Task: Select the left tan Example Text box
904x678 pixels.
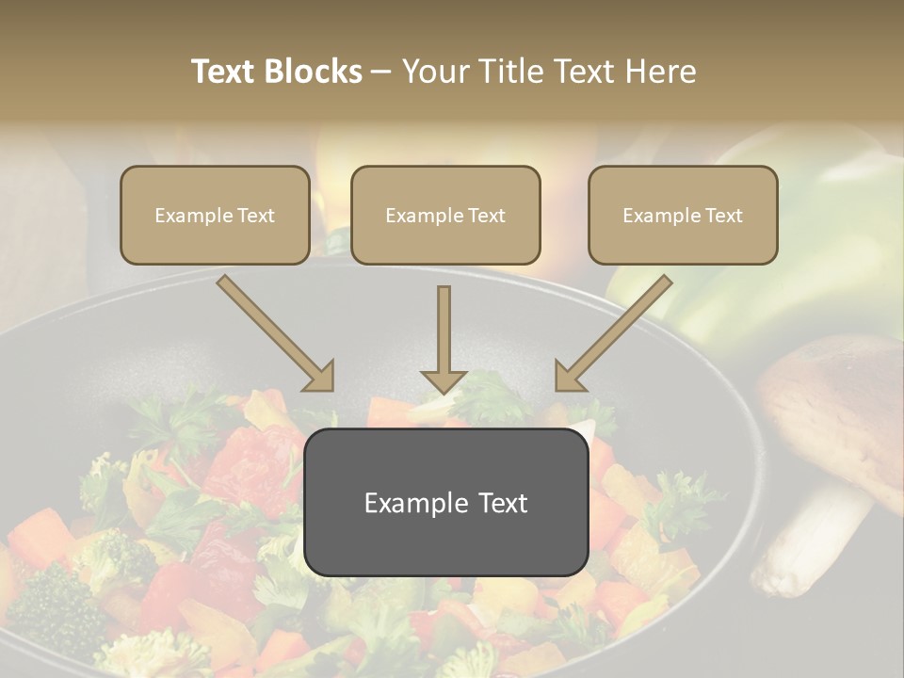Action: point(215,215)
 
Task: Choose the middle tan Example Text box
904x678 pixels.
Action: point(445,215)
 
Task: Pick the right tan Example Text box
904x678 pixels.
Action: point(683,215)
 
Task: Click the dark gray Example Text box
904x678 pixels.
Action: point(445,502)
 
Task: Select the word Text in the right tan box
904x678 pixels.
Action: point(722,216)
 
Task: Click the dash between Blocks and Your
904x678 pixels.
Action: point(381,72)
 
